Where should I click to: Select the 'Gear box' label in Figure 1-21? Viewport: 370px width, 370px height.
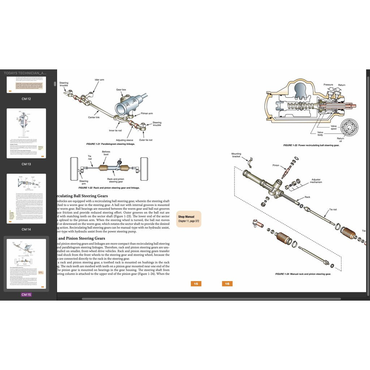click(121, 90)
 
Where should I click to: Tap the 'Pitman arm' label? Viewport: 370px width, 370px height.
click(146, 113)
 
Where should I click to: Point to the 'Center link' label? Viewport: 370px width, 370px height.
click(94, 117)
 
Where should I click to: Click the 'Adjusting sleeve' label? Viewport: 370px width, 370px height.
click(124, 140)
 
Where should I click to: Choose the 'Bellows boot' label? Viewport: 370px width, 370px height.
click(106, 154)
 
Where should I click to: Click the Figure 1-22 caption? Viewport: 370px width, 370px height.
click(109, 188)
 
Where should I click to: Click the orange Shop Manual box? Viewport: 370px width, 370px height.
click(188, 219)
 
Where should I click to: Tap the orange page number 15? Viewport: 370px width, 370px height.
click(196, 284)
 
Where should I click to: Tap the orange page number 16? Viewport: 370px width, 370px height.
click(227, 284)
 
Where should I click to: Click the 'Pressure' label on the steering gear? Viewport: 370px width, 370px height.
click(328, 85)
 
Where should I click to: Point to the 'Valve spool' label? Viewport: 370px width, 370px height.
click(334, 128)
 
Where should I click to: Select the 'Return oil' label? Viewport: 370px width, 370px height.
click(340, 139)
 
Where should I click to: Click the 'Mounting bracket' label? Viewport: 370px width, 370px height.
click(236, 155)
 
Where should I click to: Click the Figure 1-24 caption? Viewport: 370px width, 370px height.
click(303, 274)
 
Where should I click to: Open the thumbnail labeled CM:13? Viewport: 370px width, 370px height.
click(26, 133)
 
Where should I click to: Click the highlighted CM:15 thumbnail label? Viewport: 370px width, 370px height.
click(26, 294)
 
